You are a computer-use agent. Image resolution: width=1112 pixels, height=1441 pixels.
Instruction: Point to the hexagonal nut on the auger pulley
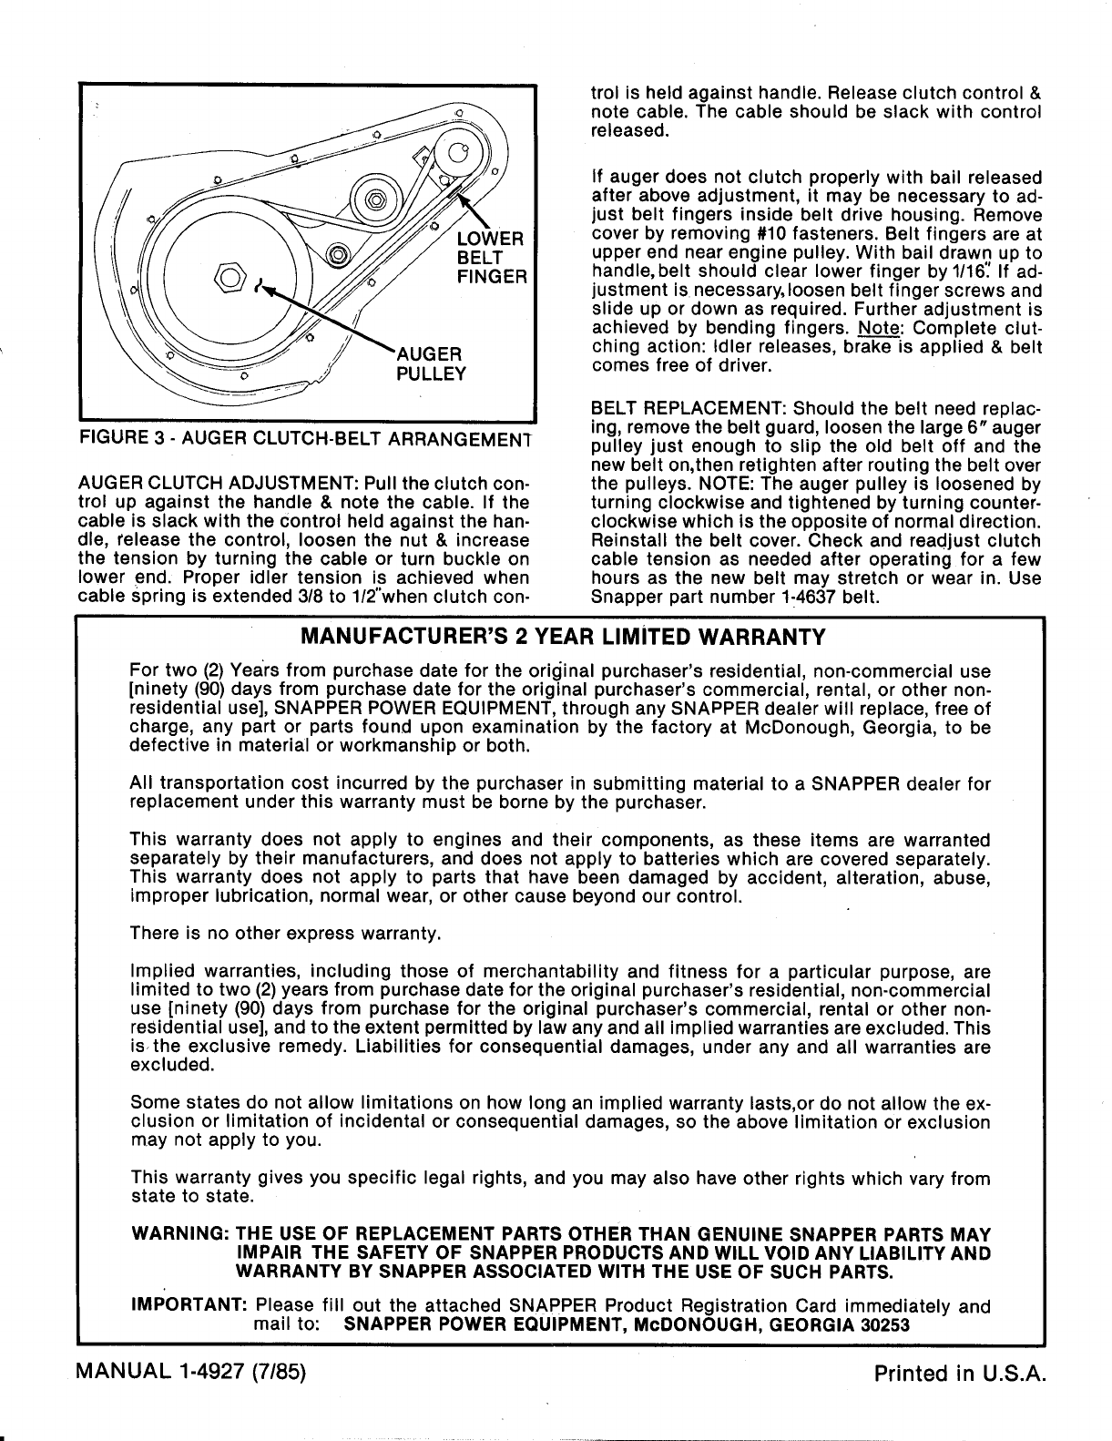pyautogui.click(x=228, y=274)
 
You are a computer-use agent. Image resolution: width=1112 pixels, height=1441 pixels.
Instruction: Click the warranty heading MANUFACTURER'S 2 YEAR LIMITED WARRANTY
pyautogui.click(x=563, y=635)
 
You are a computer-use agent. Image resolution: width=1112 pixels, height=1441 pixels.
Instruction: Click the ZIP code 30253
pyautogui.click(x=883, y=1325)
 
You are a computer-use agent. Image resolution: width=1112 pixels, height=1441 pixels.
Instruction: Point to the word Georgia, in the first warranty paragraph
pyautogui.click(x=873, y=729)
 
